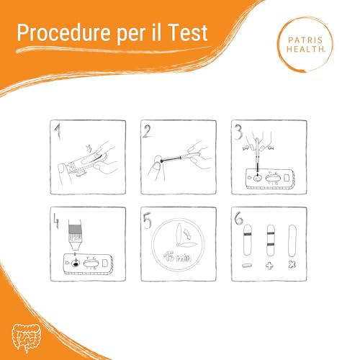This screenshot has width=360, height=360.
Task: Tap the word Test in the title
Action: tap(186, 32)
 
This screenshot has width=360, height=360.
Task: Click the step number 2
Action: tap(147, 131)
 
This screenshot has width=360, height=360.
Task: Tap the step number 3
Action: tap(235, 131)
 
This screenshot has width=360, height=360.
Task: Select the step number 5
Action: tap(147, 220)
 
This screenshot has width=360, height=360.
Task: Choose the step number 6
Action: tap(235, 220)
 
